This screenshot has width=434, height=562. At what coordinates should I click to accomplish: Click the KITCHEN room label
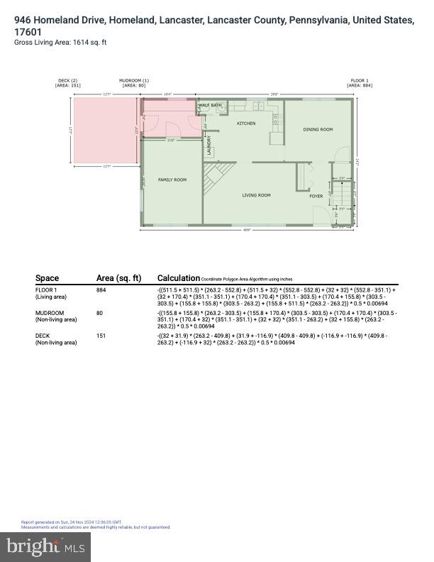(x=245, y=123)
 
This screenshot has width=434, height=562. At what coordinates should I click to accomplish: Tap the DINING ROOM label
(x=318, y=130)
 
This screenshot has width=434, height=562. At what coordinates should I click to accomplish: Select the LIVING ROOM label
(x=256, y=195)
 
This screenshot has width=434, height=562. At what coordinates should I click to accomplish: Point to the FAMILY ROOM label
(x=172, y=180)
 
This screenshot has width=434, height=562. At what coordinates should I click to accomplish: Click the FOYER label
(x=316, y=196)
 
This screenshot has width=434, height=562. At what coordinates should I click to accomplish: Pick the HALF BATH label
(x=210, y=106)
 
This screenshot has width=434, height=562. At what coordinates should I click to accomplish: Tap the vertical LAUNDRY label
(x=209, y=145)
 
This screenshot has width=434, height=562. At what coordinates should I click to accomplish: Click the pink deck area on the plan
(x=105, y=132)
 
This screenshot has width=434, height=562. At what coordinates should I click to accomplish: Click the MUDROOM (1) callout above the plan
(x=134, y=83)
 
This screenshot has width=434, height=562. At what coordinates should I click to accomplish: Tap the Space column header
(x=47, y=278)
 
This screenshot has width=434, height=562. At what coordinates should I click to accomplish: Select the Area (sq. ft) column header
(x=118, y=278)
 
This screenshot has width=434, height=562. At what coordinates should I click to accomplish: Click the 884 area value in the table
(x=101, y=290)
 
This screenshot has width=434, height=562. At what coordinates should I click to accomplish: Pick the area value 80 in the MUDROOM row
(x=100, y=313)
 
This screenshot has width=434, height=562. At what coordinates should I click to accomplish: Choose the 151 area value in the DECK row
(x=101, y=336)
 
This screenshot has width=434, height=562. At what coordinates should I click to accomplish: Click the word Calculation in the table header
(x=178, y=278)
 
